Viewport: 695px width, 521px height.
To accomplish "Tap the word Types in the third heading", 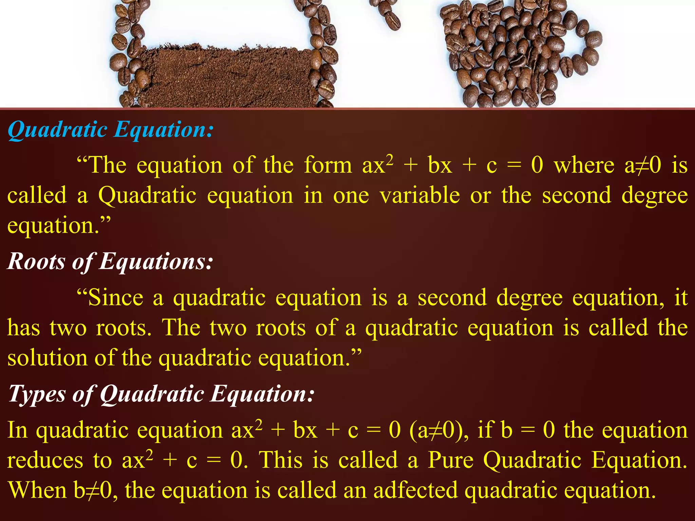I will click(x=36, y=394).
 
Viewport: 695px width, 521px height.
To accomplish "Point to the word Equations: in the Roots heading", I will click(x=156, y=262).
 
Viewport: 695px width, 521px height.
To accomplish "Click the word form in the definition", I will click(x=328, y=165).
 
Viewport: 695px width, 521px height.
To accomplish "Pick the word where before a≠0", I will click(x=584, y=165).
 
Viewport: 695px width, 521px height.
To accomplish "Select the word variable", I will click(x=420, y=196).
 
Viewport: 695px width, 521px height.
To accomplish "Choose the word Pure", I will click(x=450, y=460).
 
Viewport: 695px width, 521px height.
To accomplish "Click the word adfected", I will click(x=415, y=490).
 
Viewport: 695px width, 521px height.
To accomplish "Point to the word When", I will click(x=37, y=490).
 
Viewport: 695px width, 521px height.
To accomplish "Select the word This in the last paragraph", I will click(x=281, y=460).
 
